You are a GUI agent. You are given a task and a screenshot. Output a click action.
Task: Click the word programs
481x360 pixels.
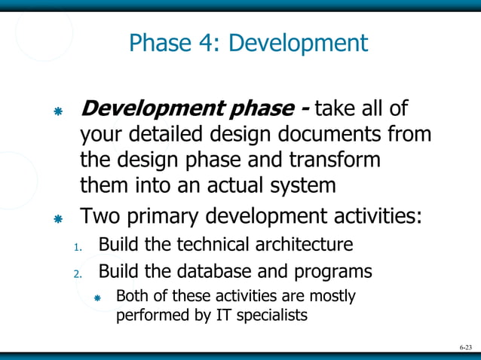tap(336, 270)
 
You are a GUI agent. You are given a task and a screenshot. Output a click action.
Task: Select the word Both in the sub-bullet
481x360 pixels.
tap(130, 296)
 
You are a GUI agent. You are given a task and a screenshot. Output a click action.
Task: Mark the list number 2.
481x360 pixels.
tap(77, 273)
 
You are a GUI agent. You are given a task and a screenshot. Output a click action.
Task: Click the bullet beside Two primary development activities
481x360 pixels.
tap(57, 219)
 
